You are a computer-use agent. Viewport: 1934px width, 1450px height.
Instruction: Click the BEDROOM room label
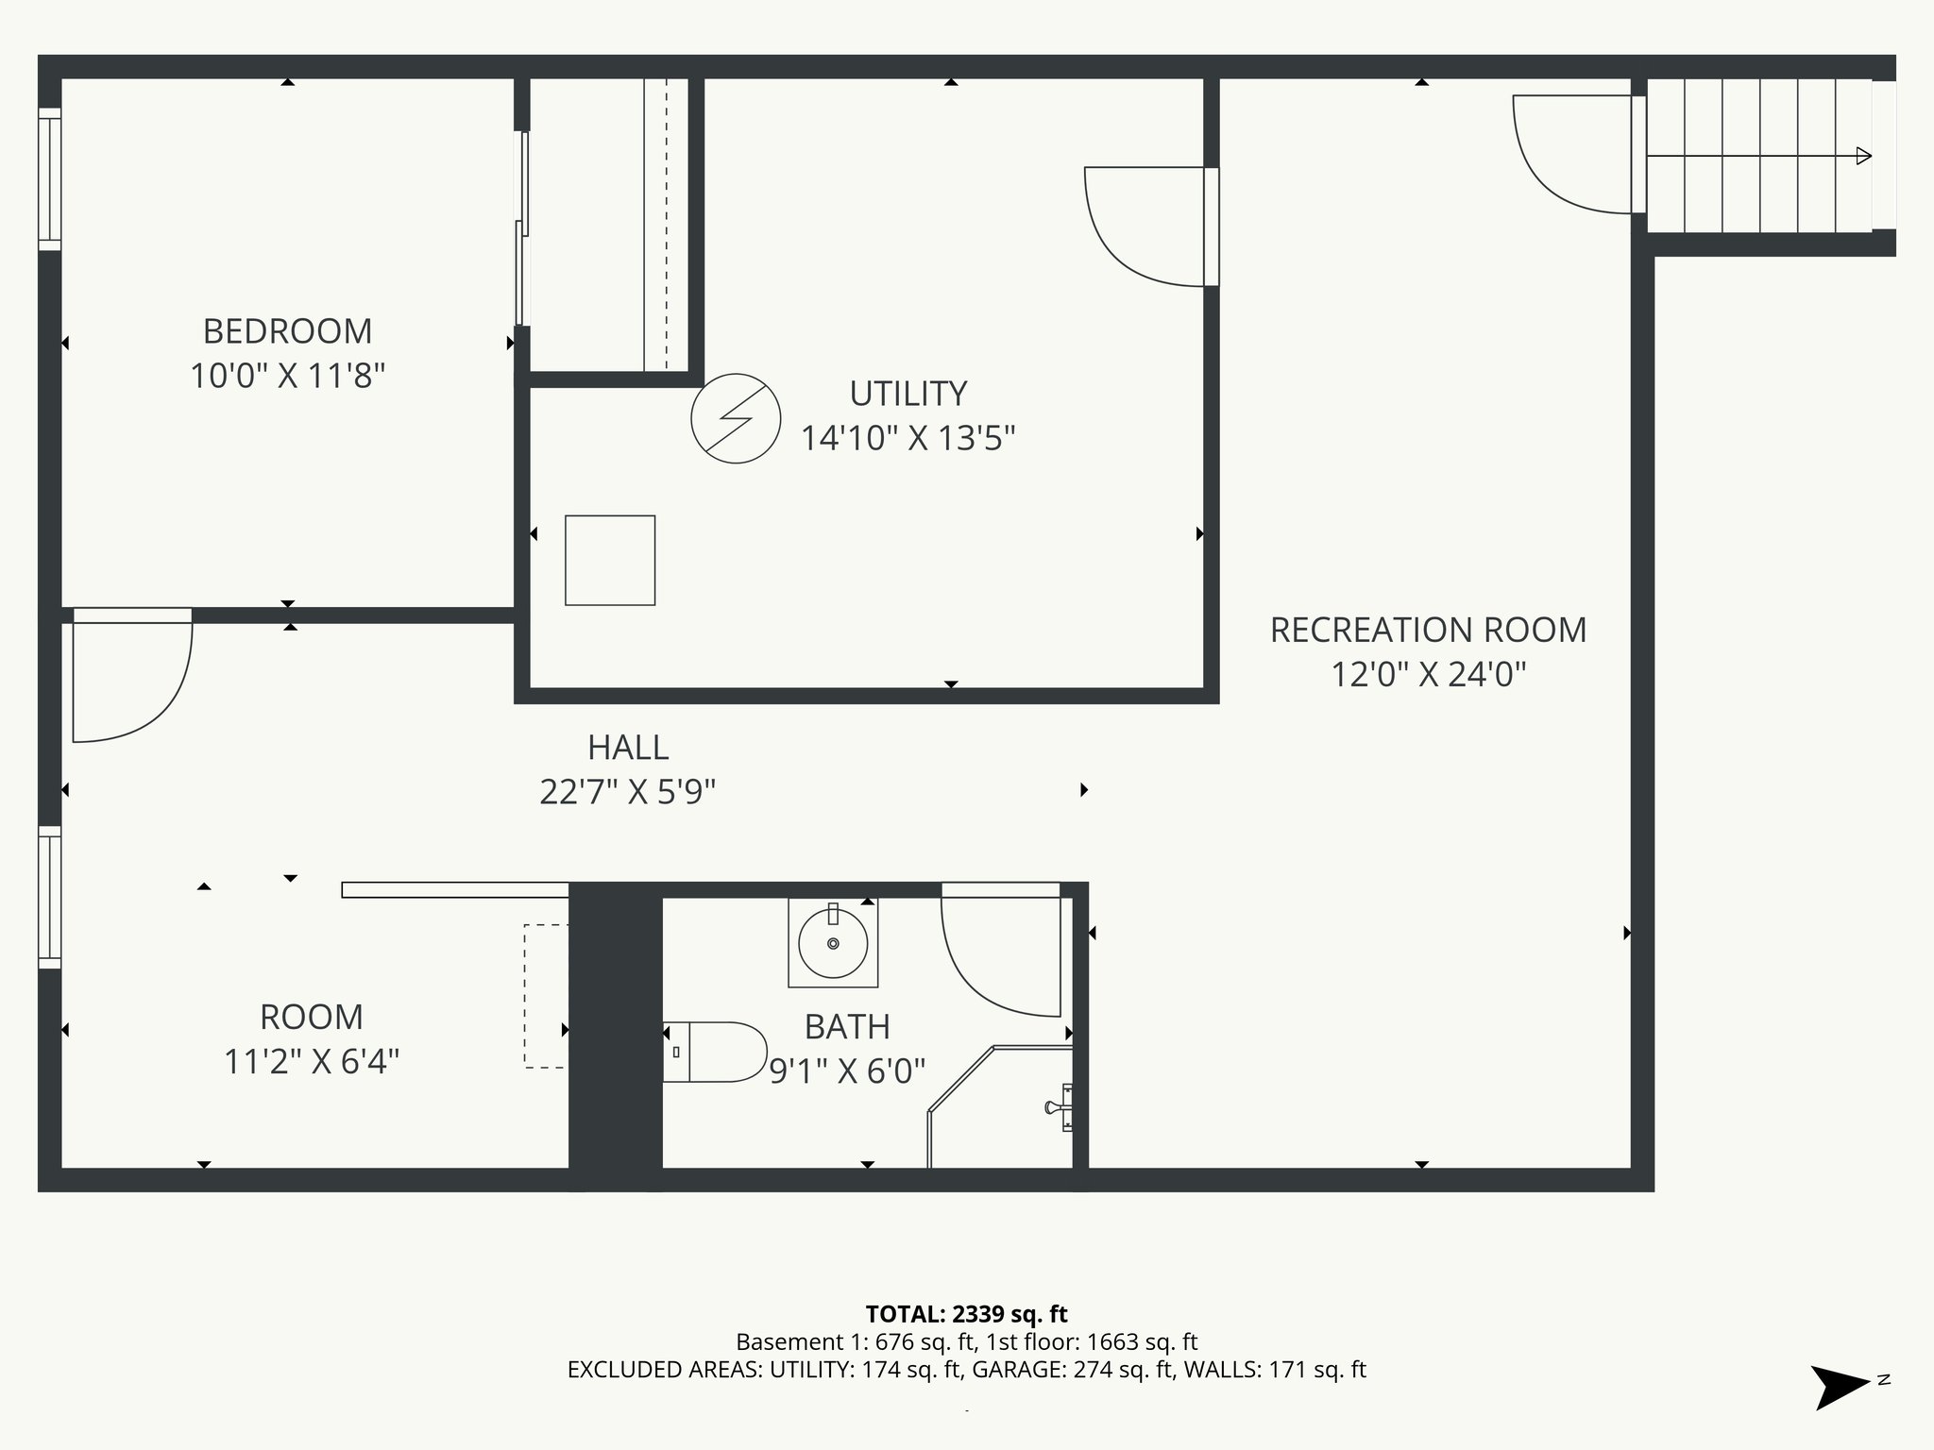coord(287,331)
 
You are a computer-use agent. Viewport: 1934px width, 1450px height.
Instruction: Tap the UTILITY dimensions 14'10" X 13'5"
coord(908,439)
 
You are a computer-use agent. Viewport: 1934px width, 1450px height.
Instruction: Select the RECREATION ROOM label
coord(1427,631)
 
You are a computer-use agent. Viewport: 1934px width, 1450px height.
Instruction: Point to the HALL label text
coord(628,748)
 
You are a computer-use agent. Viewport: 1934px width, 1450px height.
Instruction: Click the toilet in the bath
coord(714,1052)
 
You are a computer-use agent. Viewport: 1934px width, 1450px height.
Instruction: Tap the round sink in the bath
coord(833,943)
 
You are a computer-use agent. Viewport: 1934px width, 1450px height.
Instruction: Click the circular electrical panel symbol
coord(736,418)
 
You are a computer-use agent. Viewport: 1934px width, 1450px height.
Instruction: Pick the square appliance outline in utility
coord(610,560)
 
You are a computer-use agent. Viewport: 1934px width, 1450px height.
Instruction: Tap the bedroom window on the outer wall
coord(49,179)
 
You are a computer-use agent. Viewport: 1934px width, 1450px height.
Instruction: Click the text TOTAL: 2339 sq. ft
coord(966,1314)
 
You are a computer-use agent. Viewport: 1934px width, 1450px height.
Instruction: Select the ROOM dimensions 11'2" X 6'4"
coord(312,1063)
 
